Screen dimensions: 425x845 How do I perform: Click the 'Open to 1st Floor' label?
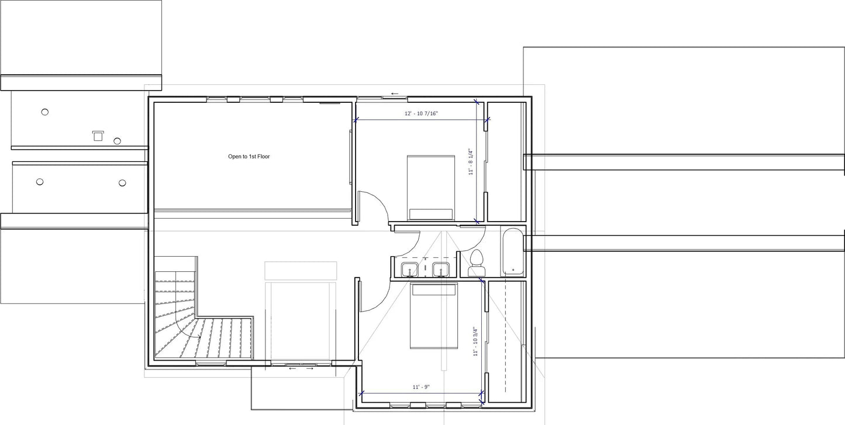(x=249, y=157)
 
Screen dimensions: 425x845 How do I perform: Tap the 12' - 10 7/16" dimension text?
(x=421, y=114)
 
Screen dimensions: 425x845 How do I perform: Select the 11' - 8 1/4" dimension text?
(x=470, y=162)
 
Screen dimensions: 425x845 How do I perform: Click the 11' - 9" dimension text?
(x=421, y=387)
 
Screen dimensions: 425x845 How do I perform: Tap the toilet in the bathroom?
(x=476, y=262)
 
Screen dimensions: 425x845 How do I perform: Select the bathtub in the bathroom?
(x=513, y=252)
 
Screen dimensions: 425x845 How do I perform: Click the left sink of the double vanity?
(x=409, y=269)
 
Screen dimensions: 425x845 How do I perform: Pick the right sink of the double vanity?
(x=440, y=269)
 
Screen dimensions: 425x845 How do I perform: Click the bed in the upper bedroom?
(x=431, y=187)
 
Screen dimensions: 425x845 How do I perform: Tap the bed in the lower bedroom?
(x=433, y=316)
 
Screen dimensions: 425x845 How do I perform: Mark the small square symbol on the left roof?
(x=98, y=136)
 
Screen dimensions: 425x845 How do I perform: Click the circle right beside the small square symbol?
(x=117, y=141)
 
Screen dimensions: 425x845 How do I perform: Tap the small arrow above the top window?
(x=395, y=93)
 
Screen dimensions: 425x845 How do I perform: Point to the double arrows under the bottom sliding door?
(x=301, y=368)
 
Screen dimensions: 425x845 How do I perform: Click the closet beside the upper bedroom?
(x=504, y=162)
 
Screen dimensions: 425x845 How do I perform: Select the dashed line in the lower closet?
(x=505, y=339)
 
